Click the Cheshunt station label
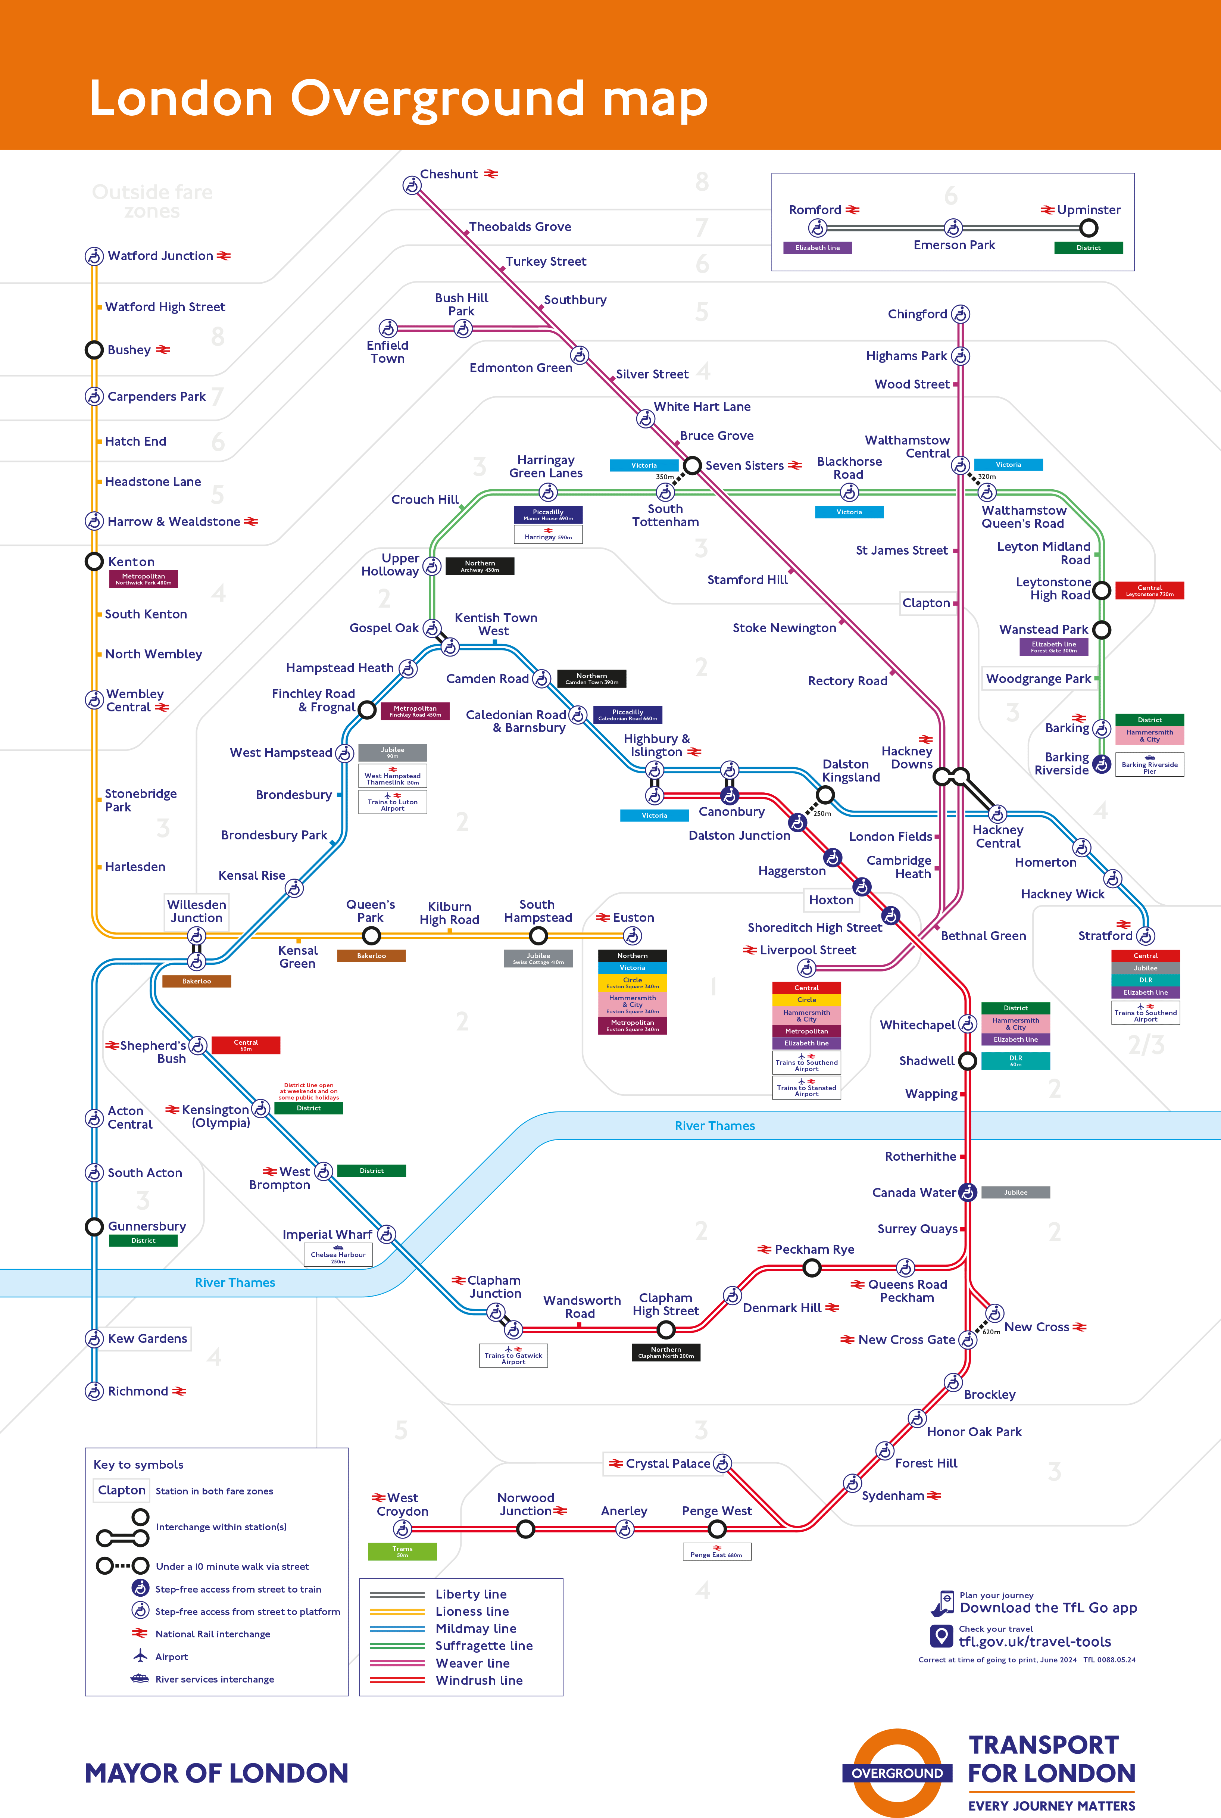[x=449, y=174]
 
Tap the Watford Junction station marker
[x=94, y=256]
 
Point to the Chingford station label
[x=917, y=315]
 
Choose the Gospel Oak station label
[x=384, y=628]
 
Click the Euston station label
[x=633, y=918]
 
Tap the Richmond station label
[x=138, y=1391]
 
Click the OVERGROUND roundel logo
[x=897, y=1773]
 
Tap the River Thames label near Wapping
[x=715, y=1126]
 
